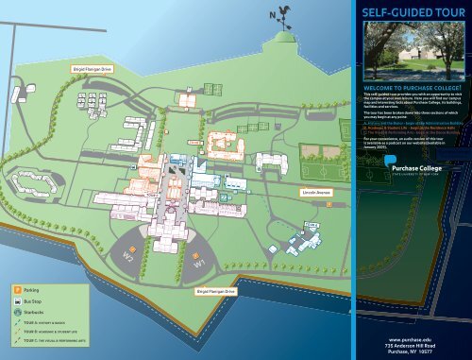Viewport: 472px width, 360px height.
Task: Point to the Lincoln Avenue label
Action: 312,192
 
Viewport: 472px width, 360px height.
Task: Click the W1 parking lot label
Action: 199,265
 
